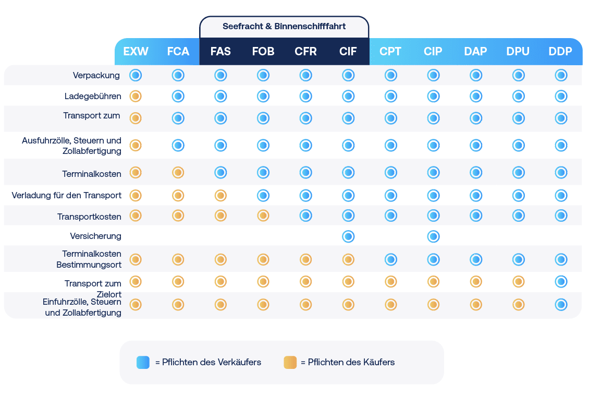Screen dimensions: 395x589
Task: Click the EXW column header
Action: click(x=136, y=52)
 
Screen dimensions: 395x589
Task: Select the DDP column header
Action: click(x=560, y=52)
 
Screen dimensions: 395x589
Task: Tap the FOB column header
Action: click(x=263, y=52)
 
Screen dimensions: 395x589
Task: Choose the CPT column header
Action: click(x=390, y=52)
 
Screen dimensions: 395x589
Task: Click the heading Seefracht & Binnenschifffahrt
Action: click(x=284, y=26)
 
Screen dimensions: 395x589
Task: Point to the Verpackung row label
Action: click(x=96, y=75)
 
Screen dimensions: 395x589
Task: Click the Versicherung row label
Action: click(x=95, y=236)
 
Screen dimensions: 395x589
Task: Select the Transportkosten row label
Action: click(x=89, y=217)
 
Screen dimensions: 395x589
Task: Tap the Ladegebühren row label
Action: click(x=93, y=97)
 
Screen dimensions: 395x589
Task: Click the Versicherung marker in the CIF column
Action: click(x=348, y=236)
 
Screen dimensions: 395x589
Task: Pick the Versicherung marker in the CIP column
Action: click(x=433, y=236)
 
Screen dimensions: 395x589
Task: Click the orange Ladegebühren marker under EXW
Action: click(x=136, y=96)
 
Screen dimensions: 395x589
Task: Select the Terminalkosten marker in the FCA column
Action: click(x=178, y=172)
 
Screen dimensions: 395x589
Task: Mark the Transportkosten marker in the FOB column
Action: click(x=263, y=215)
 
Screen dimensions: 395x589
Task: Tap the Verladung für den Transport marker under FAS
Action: click(x=220, y=196)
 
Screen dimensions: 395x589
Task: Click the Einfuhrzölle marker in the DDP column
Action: click(x=561, y=304)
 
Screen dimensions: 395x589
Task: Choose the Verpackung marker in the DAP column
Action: click(x=476, y=75)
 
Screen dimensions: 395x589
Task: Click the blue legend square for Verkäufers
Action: click(x=143, y=362)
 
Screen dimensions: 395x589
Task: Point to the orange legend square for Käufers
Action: click(x=290, y=362)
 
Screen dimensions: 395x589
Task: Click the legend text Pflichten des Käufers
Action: click(x=348, y=362)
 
